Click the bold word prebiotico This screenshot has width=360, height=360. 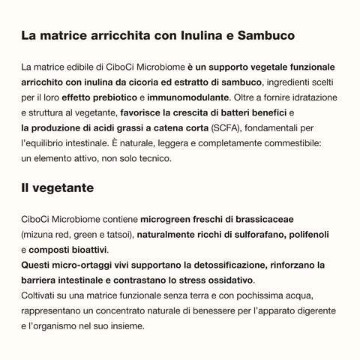[109, 97]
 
